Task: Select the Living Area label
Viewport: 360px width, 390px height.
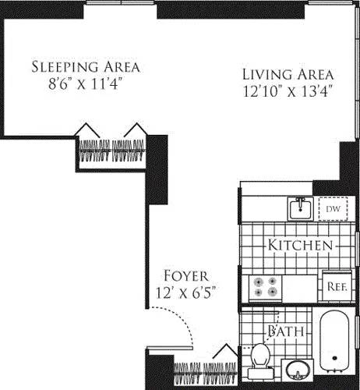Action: [x=288, y=74]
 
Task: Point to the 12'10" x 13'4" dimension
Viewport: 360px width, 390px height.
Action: [x=288, y=91]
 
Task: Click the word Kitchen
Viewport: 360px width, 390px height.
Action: [x=299, y=246]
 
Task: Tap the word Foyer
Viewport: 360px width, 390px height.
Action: [x=185, y=276]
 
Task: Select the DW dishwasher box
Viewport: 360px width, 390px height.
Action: [x=333, y=209]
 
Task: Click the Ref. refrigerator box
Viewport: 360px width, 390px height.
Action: [x=335, y=285]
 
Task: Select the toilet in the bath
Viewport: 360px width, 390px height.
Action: [x=260, y=355]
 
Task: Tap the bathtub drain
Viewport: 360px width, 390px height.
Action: [x=334, y=361]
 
